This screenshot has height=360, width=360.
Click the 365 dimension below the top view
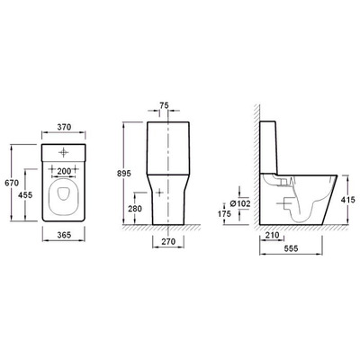[x=62, y=236]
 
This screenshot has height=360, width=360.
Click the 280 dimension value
[x=135, y=209]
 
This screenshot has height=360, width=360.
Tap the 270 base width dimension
[x=169, y=242]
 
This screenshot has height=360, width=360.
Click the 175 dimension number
[x=222, y=214]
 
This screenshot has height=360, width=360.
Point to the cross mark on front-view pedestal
[x=160, y=192]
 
